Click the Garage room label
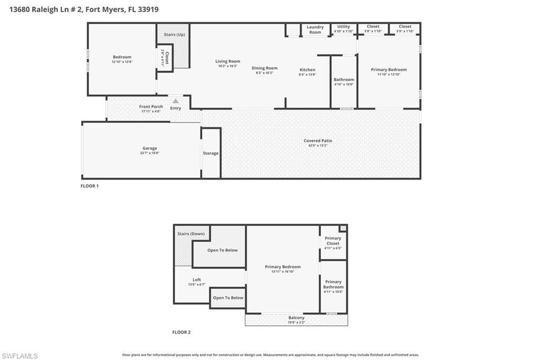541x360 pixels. tap(150, 148)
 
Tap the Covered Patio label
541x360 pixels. tap(318, 140)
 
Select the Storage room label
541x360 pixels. tap(211, 153)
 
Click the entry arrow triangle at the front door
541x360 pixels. tap(175, 101)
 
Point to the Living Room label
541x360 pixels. tap(228, 61)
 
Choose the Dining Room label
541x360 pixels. tap(264, 68)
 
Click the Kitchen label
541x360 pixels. tap(307, 70)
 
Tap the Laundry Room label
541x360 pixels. tap(315, 30)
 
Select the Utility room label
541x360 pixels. tap(343, 26)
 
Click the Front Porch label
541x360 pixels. tap(151, 107)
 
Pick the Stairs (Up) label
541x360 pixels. tap(174, 34)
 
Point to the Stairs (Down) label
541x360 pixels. tap(191, 233)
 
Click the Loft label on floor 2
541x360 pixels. tap(197, 280)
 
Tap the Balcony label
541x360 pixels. tap(296, 318)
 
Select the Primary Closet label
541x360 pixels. tap(333, 241)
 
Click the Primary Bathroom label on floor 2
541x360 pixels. tap(333, 285)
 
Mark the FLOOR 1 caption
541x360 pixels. tap(89, 186)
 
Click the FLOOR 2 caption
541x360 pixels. tap(181, 332)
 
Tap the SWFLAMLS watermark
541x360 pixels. tap(20, 356)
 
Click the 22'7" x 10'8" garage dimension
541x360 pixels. tap(150, 153)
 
